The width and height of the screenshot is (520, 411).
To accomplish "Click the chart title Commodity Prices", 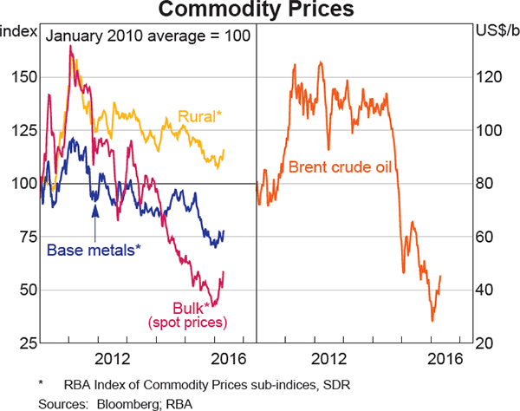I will tap(260, 11).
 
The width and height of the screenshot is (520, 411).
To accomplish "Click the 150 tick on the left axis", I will tap(23, 77).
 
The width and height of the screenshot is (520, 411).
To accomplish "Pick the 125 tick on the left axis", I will tap(23, 130).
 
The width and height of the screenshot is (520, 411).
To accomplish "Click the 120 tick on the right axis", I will tap(491, 77).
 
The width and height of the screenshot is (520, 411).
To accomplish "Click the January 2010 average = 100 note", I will tap(147, 36).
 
